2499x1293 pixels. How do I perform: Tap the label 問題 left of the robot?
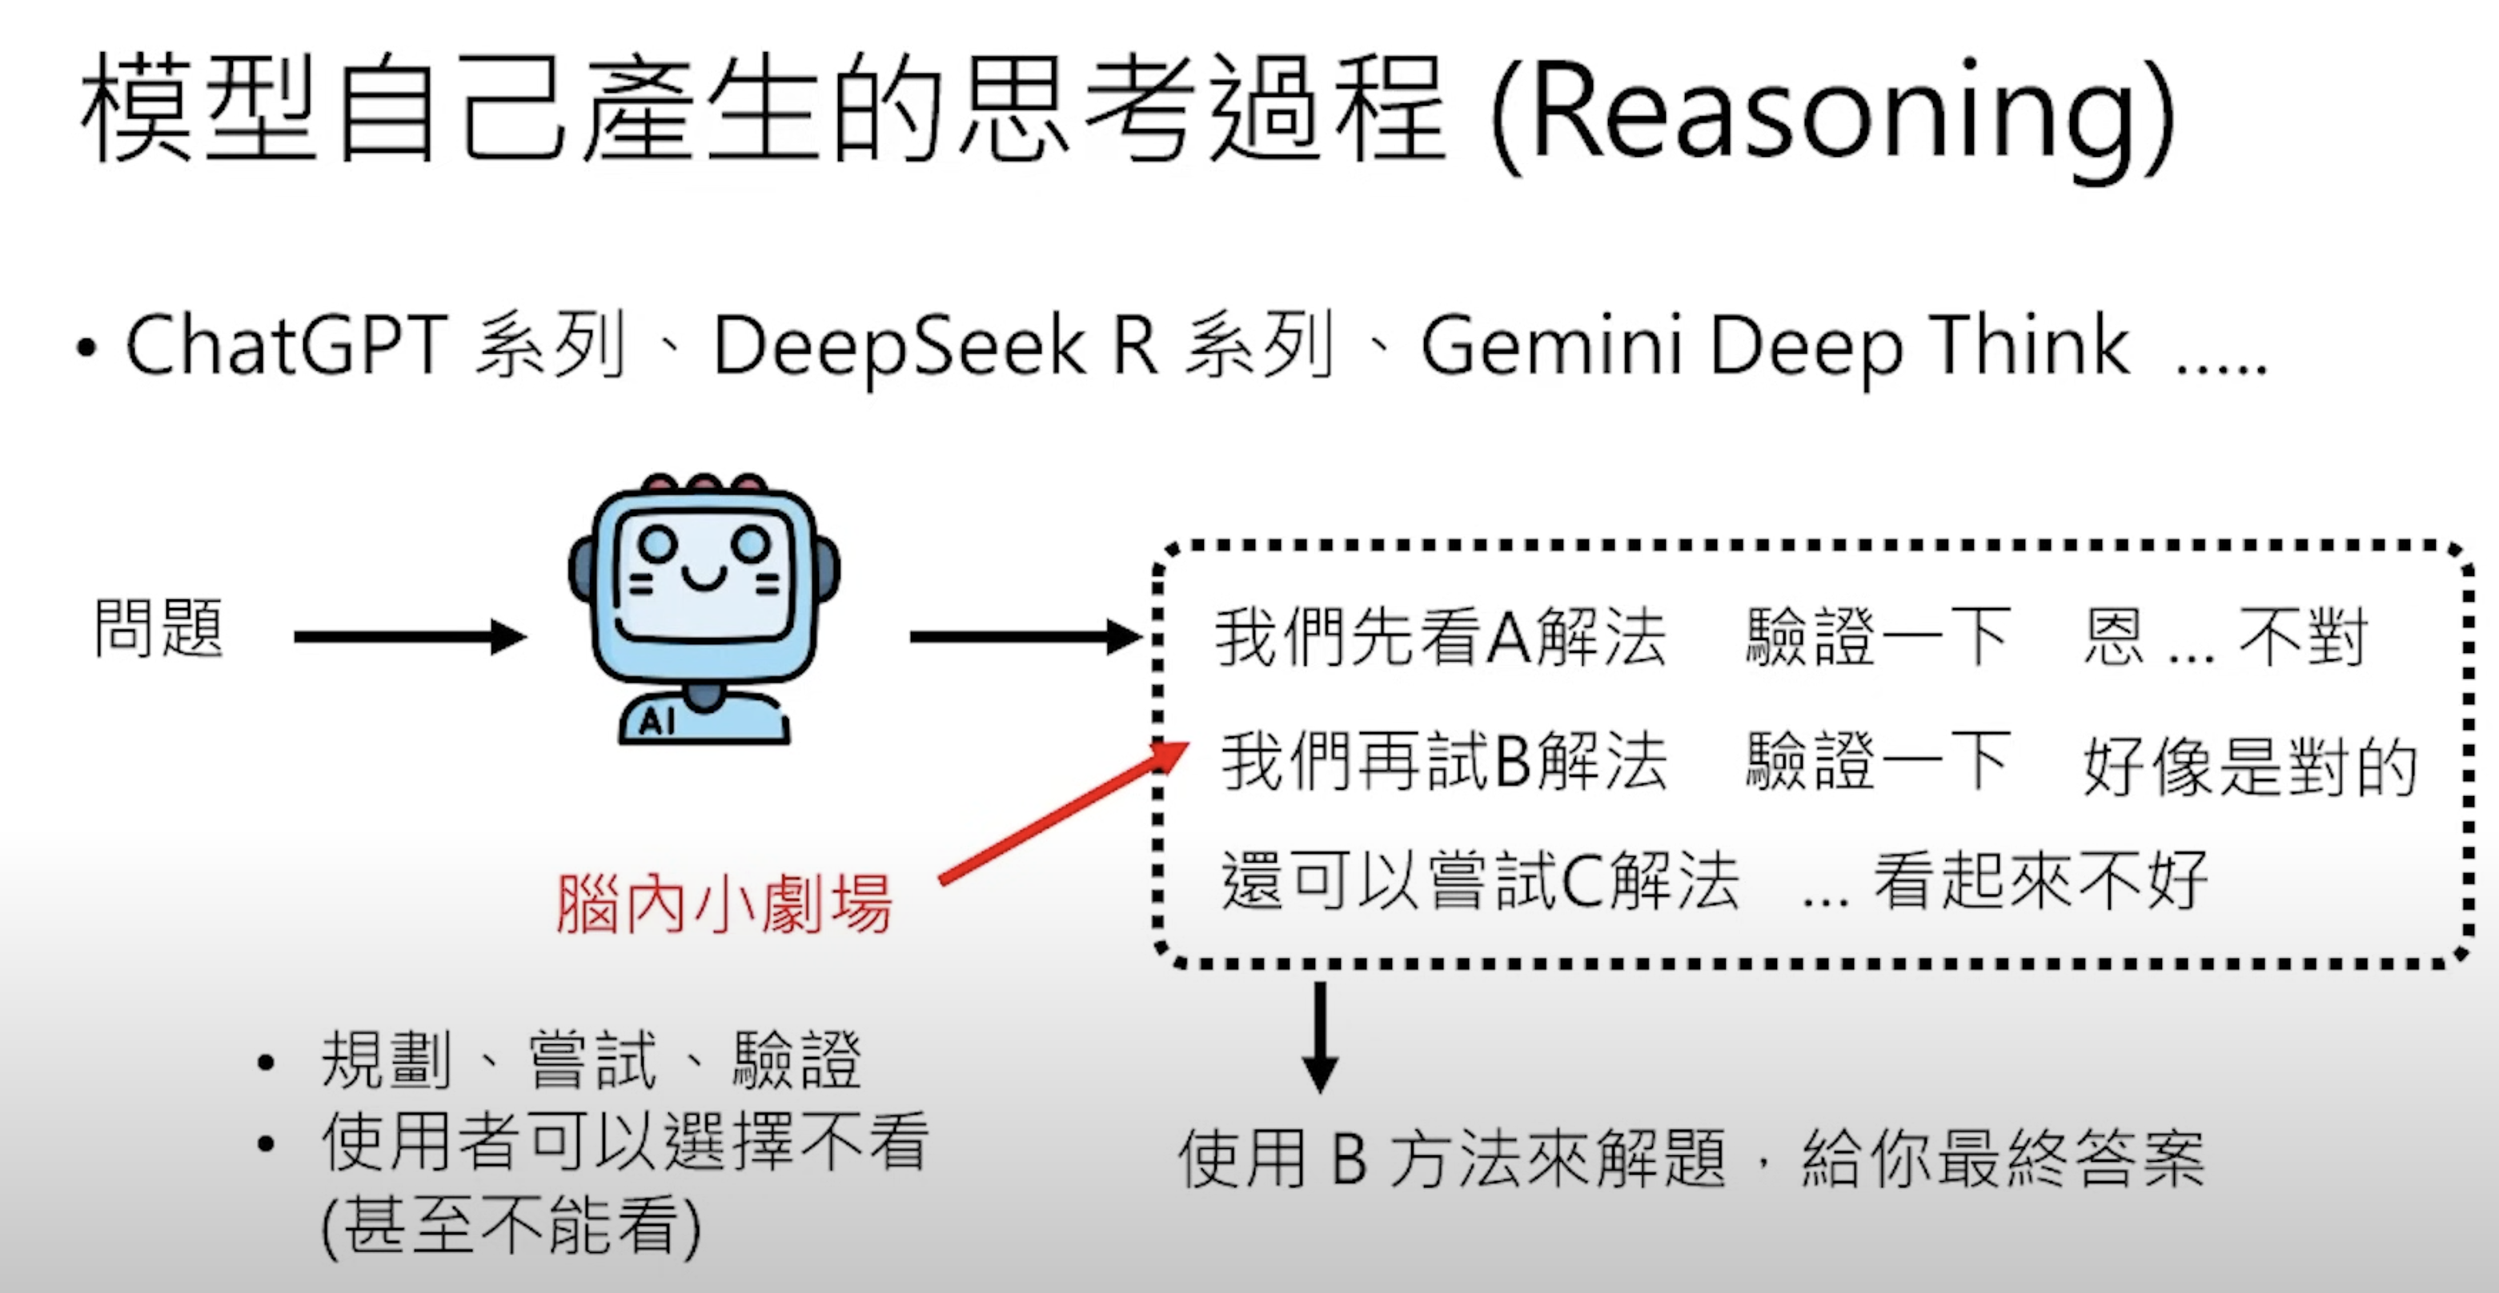(159, 629)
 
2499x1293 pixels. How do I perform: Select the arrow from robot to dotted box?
(1025, 637)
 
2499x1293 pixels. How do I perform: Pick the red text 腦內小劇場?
(724, 904)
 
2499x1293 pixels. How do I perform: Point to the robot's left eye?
(658, 543)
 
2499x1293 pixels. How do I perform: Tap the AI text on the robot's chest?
(656, 721)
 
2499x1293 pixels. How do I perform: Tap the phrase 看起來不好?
(2041, 881)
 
